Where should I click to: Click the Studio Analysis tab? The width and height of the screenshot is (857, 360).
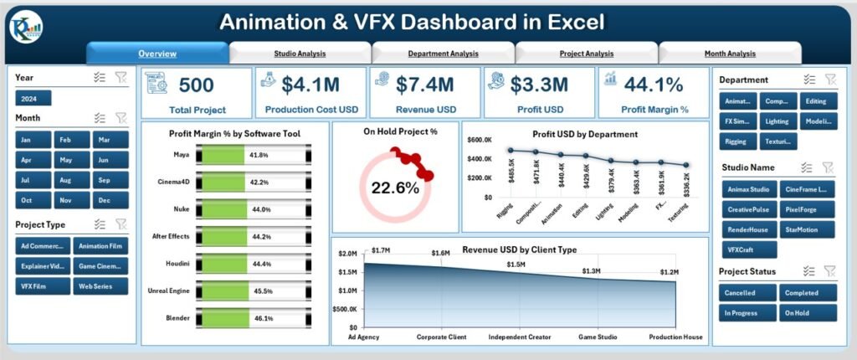[x=300, y=54]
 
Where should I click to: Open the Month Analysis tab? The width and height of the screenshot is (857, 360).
[x=729, y=54]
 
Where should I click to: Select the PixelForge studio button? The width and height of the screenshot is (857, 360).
[x=807, y=209]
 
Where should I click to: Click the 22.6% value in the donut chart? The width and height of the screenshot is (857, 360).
[x=394, y=188]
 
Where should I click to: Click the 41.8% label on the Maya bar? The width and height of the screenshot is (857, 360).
[x=258, y=155]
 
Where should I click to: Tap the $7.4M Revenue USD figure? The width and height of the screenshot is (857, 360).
[x=427, y=85]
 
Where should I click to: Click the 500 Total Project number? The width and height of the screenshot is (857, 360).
[x=196, y=85]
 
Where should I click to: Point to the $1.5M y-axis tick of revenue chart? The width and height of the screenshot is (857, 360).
[x=348, y=272]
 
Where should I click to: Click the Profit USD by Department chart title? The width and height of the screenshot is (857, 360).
[x=585, y=134]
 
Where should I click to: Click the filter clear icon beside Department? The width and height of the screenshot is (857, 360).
[x=829, y=80]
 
